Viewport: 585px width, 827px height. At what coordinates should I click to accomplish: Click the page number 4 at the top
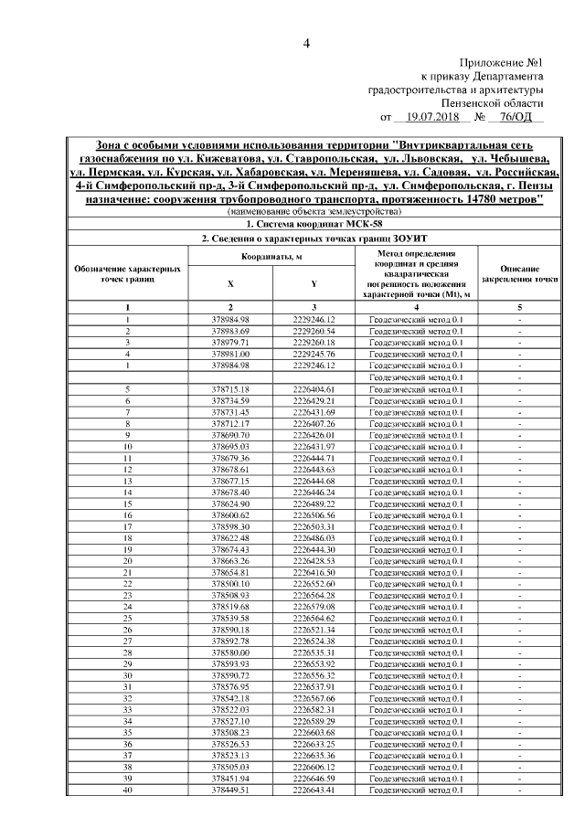(x=307, y=44)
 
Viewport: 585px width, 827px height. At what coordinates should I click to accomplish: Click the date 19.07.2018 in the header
(x=434, y=118)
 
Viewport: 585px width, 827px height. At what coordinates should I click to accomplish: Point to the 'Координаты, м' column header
(x=271, y=256)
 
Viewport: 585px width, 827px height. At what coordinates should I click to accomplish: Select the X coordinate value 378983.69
(x=230, y=330)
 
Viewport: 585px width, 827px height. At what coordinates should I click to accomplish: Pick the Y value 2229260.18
(x=314, y=342)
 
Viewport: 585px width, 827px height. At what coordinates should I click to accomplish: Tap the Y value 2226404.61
(x=314, y=389)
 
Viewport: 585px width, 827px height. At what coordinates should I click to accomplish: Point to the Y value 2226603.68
(x=314, y=733)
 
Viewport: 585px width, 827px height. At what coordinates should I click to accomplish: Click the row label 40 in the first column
(x=128, y=790)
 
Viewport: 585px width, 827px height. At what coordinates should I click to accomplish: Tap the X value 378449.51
(x=230, y=790)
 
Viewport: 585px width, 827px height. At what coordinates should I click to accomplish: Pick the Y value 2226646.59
(x=314, y=779)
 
